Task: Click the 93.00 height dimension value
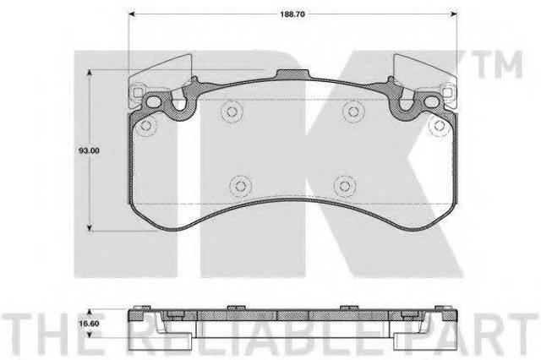coord(89,150)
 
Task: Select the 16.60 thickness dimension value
coord(89,324)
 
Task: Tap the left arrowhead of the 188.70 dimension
coord(131,14)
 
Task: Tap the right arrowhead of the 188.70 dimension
coord(454,14)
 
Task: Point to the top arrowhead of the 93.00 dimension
coord(90,73)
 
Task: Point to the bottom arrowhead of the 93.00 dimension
coord(90,228)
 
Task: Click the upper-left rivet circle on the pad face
coord(232,112)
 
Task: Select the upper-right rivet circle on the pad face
coord(352,112)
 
